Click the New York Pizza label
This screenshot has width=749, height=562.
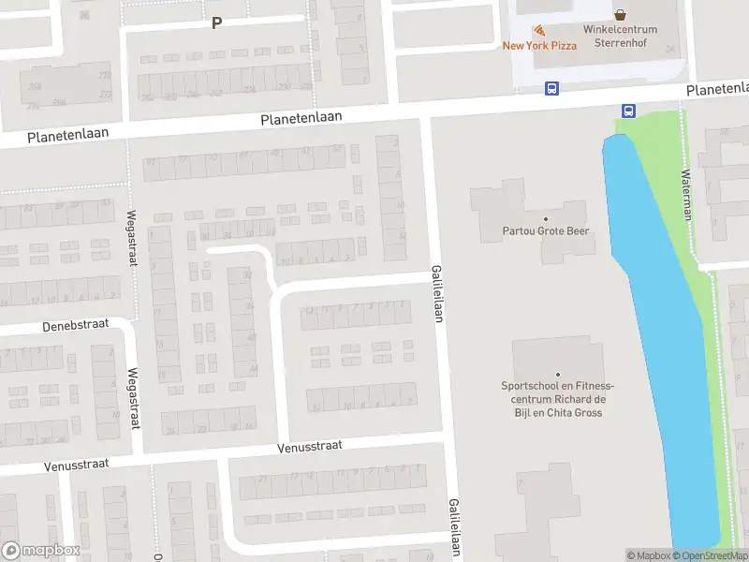(x=539, y=45)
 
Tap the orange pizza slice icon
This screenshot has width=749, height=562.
(x=539, y=31)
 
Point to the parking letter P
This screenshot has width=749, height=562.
(x=217, y=22)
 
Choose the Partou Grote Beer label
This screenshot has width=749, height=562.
(x=546, y=230)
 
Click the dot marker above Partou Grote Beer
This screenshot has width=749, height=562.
(x=546, y=218)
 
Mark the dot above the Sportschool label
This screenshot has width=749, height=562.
(x=558, y=375)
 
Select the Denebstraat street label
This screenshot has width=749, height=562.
(x=75, y=326)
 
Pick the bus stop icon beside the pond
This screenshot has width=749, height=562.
(x=627, y=111)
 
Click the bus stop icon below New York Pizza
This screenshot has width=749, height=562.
(x=551, y=89)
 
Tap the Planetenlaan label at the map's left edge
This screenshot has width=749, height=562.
(x=67, y=135)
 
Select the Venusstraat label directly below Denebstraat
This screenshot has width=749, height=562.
(x=77, y=464)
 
